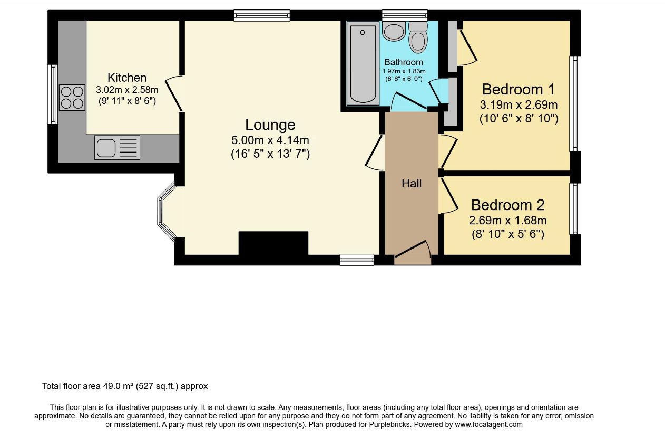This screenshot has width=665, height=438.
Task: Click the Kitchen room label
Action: (127, 78)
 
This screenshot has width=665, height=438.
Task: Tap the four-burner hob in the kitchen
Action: (72, 98)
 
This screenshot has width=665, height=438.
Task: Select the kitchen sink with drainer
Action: (118, 147)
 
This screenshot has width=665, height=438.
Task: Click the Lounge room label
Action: (270, 125)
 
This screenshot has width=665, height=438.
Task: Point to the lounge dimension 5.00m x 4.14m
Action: (270, 140)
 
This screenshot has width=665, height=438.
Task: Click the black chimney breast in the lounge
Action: (273, 243)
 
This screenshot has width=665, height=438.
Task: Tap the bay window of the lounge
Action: (167, 212)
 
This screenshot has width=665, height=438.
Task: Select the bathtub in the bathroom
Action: (363, 64)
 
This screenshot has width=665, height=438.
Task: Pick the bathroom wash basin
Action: (394, 31)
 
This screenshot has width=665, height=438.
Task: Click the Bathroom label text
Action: (404, 62)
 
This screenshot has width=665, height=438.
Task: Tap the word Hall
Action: (412, 184)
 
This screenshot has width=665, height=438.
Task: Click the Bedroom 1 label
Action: (519, 89)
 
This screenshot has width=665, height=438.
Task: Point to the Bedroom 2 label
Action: (507, 205)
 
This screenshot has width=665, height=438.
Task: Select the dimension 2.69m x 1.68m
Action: (507, 221)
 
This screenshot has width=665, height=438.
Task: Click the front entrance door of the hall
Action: (413, 252)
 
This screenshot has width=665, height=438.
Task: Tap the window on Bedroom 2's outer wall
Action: (575, 209)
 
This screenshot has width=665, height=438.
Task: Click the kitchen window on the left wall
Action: (53, 94)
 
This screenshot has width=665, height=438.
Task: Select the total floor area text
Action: (125, 386)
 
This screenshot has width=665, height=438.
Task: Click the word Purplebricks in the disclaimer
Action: (390, 424)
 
